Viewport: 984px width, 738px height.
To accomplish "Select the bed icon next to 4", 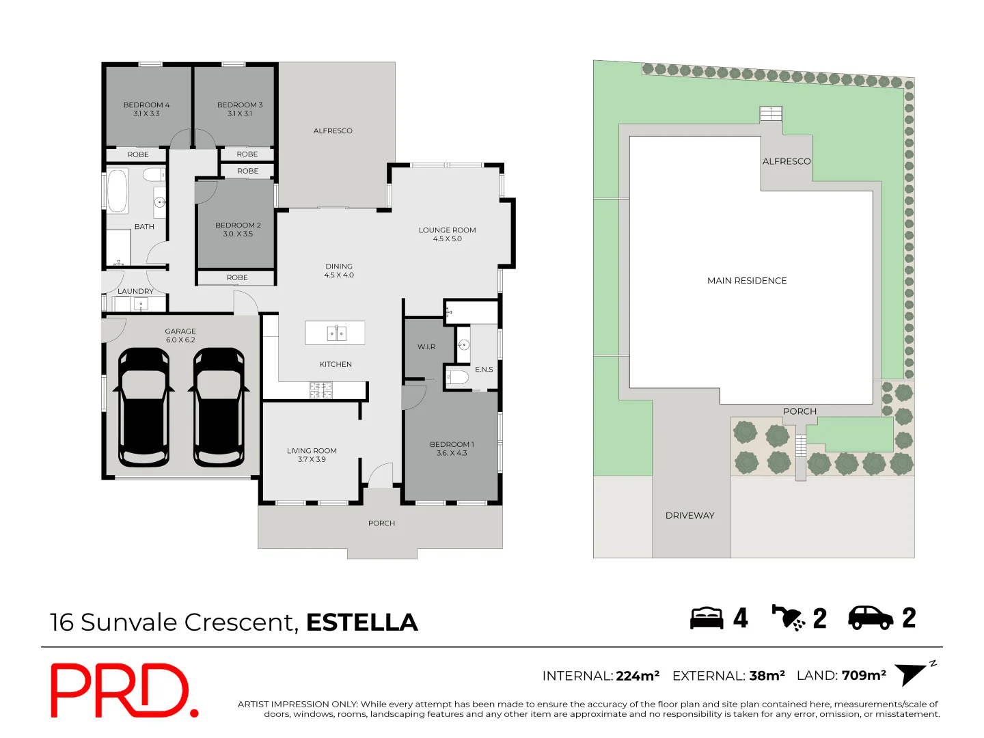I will (706, 618).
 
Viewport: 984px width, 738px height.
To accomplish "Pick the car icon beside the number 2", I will (871, 618).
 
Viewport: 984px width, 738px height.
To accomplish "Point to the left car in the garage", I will (143, 407).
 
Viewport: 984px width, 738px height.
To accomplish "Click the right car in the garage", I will (219, 407).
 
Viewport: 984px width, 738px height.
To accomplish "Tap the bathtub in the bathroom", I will (118, 191).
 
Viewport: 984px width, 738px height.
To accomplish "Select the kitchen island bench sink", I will (336, 333).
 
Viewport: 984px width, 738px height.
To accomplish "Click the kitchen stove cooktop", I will (321, 390).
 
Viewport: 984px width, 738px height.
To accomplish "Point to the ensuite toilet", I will (459, 377).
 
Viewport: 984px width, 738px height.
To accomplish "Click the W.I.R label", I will (426, 347).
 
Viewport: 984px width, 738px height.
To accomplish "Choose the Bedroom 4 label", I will (146, 105).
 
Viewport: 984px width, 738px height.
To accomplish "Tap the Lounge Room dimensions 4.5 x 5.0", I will (448, 239).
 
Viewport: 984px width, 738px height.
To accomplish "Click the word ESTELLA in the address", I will (361, 623).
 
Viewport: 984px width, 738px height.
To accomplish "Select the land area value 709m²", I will (864, 676).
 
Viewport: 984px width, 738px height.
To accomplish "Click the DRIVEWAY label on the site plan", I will (689, 516).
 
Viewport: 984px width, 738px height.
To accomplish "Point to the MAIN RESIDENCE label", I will (747, 281).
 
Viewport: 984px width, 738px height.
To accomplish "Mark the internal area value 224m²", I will (638, 676).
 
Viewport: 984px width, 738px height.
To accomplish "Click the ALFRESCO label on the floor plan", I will (333, 131).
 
